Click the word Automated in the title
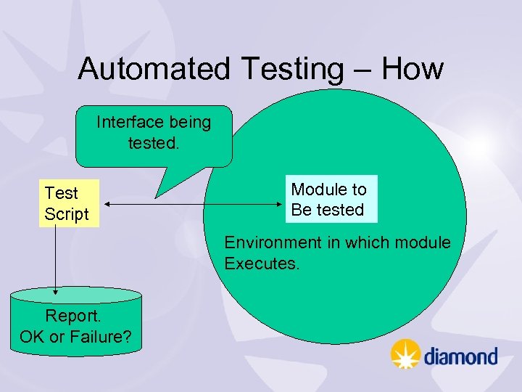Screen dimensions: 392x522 pyautogui.click(x=154, y=69)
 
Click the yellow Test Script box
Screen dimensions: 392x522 pyautogui.click(x=68, y=203)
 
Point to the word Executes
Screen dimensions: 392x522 pyautogui.click(x=261, y=263)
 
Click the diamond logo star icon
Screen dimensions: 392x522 pyautogui.click(x=405, y=355)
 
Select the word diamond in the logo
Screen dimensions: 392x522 pyautogui.click(x=460, y=356)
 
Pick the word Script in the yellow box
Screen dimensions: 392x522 pyautogui.click(x=66, y=214)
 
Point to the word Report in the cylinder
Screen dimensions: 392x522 pyautogui.click(x=72, y=316)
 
